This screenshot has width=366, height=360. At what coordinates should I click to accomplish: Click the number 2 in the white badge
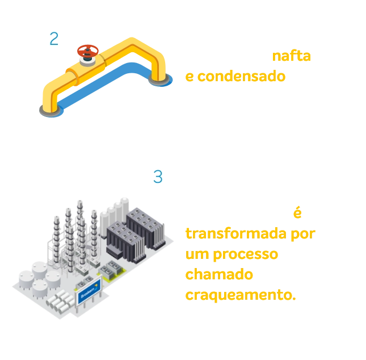[54, 39]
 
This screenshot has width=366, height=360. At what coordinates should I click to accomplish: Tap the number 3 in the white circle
[158, 177]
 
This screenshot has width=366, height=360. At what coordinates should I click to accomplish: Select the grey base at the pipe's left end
[47, 112]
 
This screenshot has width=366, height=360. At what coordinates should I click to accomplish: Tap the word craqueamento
[241, 296]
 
